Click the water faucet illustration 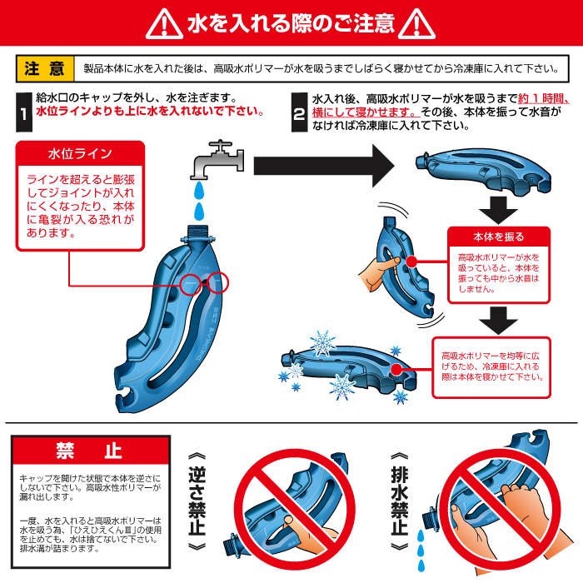click(x=217, y=160)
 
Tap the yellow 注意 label click(x=45, y=69)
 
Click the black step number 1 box click(x=24, y=112)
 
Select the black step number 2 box click(x=299, y=112)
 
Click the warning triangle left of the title click(x=164, y=24)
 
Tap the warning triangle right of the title click(x=416, y=24)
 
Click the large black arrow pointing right click(x=324, y=166)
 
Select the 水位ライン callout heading click(x=80, y=153)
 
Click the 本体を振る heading click(x=499, y=237)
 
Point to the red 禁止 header click(x=91, y=451)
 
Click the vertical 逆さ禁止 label click(x=197, y=501)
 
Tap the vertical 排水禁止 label click(x=399, y=501)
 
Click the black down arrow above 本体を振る click(x=498, y=211)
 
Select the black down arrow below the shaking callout click(x=498, y=321)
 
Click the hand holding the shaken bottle click(x=377, y=273)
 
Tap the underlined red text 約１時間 click(x=543, y=98)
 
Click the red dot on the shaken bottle click(x=411, y=262)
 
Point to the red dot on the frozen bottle click(x=396, y=369)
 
